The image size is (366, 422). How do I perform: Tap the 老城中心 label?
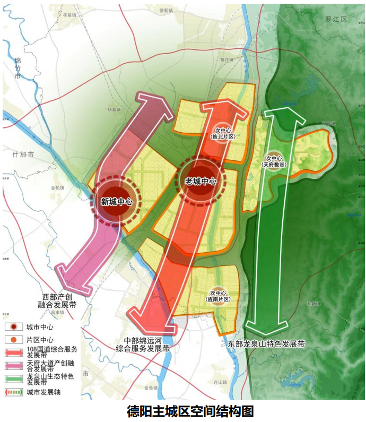pyautogui.click(x=201, y=180)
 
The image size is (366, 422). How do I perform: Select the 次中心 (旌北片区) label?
pyautogui.click(x=223, y=133)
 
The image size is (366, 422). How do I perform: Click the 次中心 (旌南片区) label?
pyautogui.click(x=219, y=296)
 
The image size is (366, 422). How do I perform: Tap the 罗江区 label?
pyautogui.click(x=336, y=19)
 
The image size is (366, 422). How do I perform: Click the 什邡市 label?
pyautogui.click(x=23, y=154)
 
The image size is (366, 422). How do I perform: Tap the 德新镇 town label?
pyautogui.click(x=166, y=10)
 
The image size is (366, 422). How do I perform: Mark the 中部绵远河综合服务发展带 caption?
pyautogui.click(x=143, y=344)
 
